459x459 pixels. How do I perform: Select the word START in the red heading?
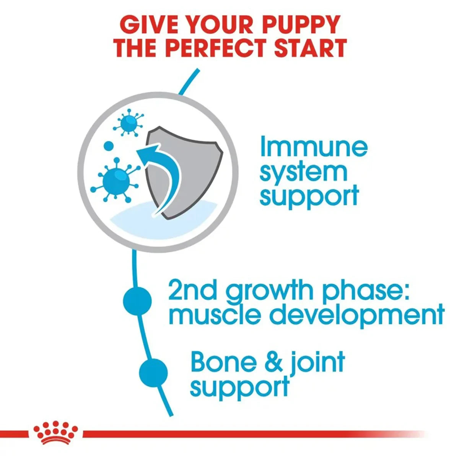pyautogui.click(x=308, y=48)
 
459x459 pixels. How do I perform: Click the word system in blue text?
pyautogui.click(x=303, y=173)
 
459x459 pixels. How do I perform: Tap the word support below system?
pyautogui.click(x=309, y=197)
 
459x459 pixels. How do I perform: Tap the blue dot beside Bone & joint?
pyautogui.click(x=153, y=372)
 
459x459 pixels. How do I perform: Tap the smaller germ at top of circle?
pyautogui.click(x=129, y=122)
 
